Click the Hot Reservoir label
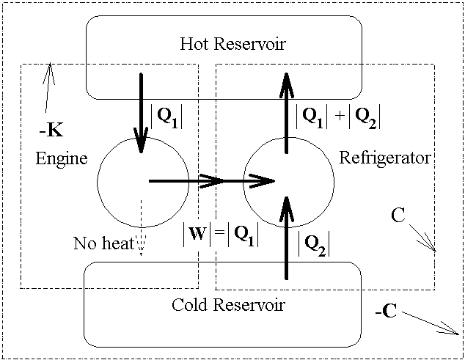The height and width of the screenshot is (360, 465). click(x=232, y=44)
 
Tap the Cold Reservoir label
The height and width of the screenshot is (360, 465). click(x=227, y=304)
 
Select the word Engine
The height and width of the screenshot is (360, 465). click(x=60, y=158)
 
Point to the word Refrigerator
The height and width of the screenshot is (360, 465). click(x=385, y=158)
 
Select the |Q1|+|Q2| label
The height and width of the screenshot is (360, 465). click(x=338, y=118)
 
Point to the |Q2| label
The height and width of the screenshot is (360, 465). click(x=314, y=243)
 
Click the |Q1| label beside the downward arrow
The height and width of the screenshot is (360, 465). click(x=166, y=118)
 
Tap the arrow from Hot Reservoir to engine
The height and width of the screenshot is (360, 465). click(x=139, y=110)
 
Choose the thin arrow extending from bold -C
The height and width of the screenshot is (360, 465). click(x=429, y=321)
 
